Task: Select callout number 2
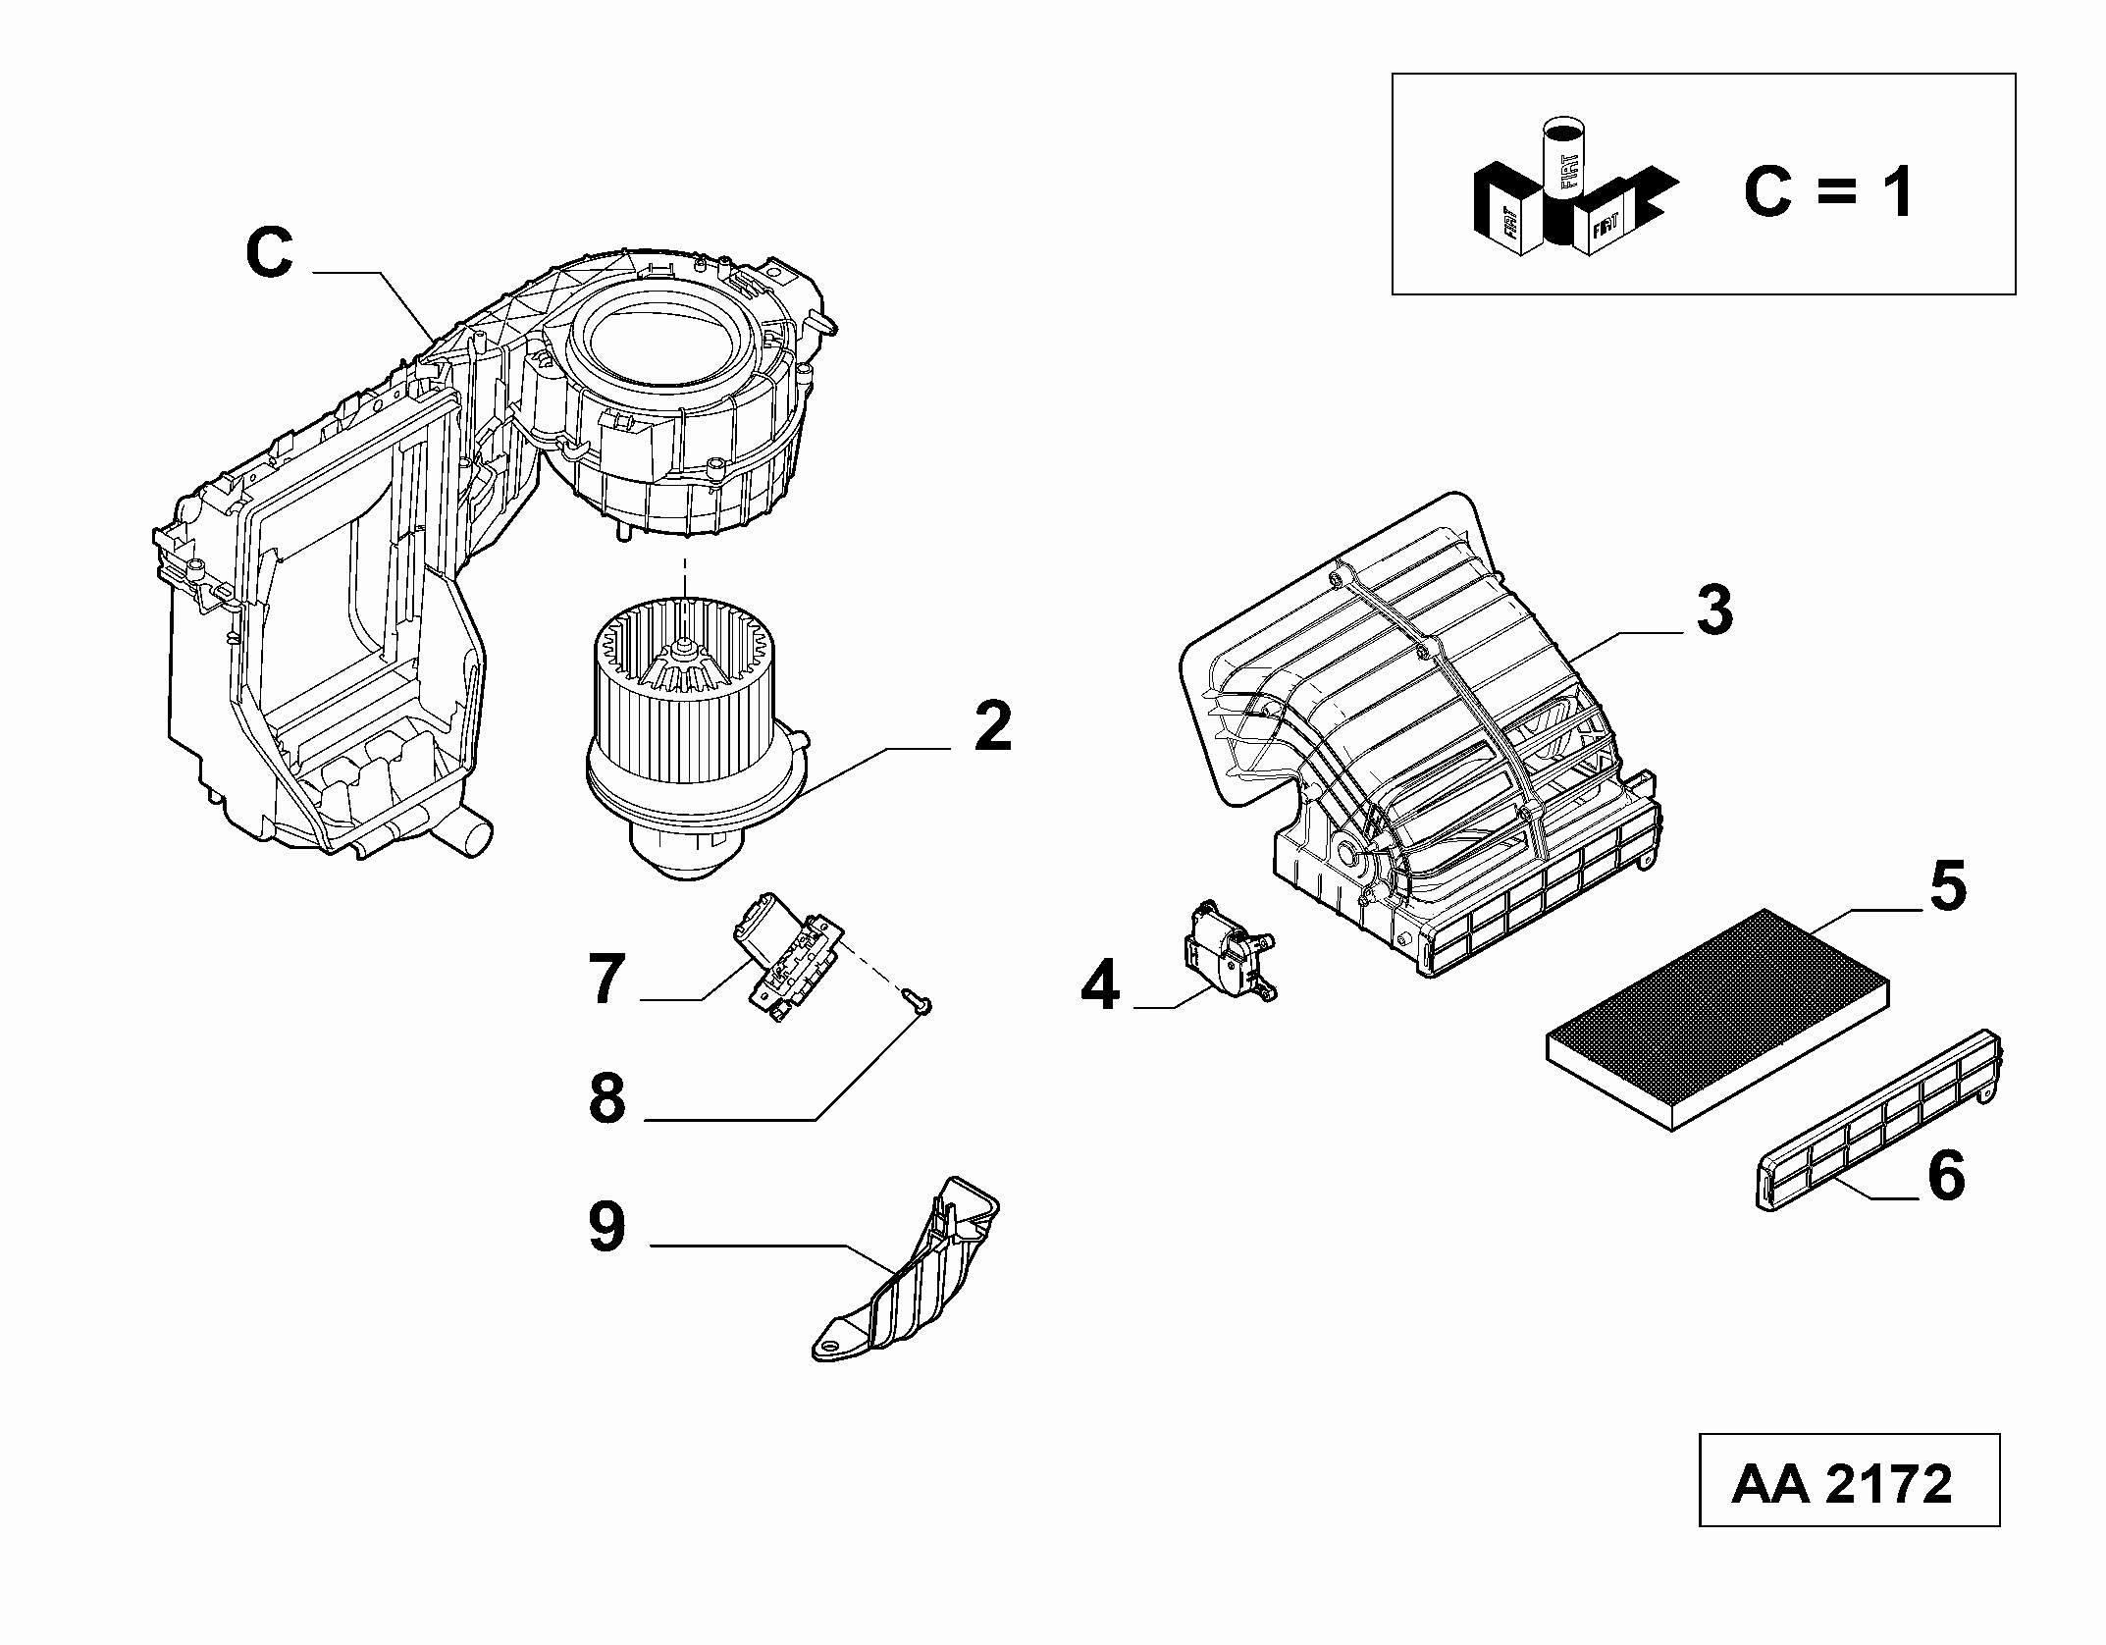click(x=992, y=727)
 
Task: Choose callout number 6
click(x=1946, y=1175)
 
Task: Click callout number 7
click(x=607, y=979)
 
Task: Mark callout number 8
click(x=606, y=1098)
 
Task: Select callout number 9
click(x=606, y=1227)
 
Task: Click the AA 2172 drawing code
click(x=1841, y=1485)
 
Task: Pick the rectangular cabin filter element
click(x=1717, y=1019)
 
